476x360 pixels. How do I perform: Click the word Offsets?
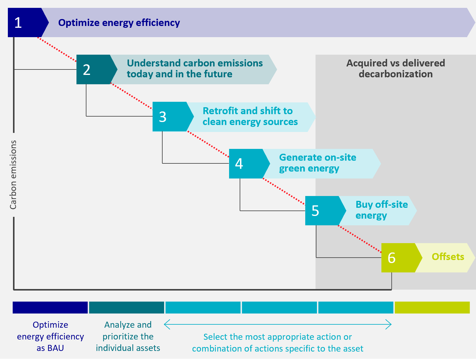pos(448,257)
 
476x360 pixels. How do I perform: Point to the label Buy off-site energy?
pos(381,210)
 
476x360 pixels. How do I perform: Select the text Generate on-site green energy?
pos(317,163)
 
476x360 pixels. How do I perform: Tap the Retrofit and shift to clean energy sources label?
pos(250,116)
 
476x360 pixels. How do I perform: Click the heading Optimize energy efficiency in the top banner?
pos(119,23)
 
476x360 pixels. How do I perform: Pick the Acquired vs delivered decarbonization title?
pos(395,69)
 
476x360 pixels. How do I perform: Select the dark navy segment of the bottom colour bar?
pos(50,307)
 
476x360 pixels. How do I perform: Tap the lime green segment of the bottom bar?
pos(432,307)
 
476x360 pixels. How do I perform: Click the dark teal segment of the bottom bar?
pos(127,307)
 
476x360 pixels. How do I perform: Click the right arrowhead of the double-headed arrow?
pos(389,325)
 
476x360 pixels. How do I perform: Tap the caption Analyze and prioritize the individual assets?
pos(128,336)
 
